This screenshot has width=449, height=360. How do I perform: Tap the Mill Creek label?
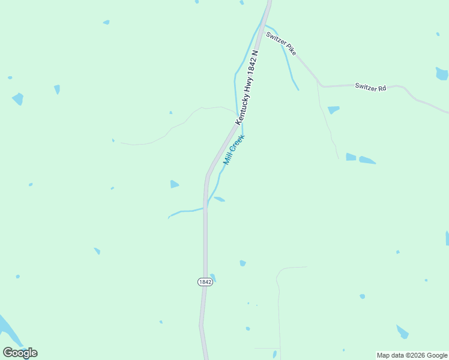[234, 150]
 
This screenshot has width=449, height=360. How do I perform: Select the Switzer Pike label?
[282, 44]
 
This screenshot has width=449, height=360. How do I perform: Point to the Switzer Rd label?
[370, 87]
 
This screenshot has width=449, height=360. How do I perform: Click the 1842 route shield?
[205, 282]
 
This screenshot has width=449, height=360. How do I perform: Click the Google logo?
[20, 353]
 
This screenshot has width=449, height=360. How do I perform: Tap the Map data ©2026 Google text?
[412, 355]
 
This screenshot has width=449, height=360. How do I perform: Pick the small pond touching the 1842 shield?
[212, 277]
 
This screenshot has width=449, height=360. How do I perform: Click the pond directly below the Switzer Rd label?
[333, 110]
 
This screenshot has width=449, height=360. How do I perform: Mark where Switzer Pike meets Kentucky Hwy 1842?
[265, 26]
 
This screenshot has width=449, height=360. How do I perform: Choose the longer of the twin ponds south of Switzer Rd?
[367, 160]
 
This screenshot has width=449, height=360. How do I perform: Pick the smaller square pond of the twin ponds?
[351, 157]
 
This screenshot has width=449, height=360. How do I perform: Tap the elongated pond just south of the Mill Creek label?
[219, 199]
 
